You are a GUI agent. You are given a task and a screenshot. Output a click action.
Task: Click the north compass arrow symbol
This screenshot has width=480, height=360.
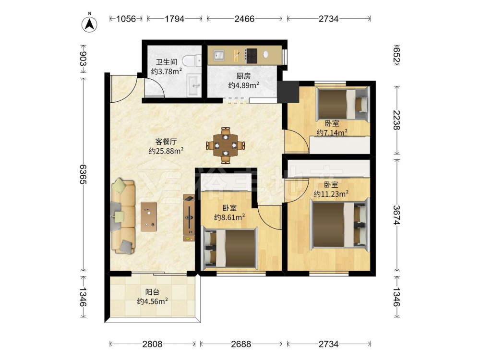89,24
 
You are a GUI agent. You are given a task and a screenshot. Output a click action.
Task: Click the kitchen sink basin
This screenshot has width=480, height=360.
218,55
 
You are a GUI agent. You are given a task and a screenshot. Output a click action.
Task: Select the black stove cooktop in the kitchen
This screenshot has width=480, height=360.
252,56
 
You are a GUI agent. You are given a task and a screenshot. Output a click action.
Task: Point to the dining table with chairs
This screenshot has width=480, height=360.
226,145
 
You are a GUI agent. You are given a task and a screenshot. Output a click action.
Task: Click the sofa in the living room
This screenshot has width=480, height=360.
123,217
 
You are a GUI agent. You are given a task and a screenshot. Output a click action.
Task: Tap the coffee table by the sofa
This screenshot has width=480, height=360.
149,217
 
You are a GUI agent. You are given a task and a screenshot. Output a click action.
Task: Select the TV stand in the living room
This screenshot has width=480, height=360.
189,217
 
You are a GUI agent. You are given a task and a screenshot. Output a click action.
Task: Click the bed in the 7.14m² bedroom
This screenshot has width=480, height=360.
343,104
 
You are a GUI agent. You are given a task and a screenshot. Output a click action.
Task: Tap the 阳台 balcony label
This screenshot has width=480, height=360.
152,292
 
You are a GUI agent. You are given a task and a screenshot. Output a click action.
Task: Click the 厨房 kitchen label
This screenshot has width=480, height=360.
243,76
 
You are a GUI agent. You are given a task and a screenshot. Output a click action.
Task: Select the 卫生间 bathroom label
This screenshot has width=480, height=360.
167,62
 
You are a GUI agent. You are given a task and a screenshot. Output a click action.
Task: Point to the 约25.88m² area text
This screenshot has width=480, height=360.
166,151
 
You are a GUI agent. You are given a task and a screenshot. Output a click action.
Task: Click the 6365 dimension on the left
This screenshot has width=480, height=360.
83,174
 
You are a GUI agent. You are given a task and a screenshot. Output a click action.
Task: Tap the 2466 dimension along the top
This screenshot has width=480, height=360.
244,19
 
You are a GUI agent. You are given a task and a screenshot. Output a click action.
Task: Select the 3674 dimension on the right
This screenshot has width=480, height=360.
397,215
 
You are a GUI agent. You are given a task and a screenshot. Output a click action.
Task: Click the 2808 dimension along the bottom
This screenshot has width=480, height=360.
153,344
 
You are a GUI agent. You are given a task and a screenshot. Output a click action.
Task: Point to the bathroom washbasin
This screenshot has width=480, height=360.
194,85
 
